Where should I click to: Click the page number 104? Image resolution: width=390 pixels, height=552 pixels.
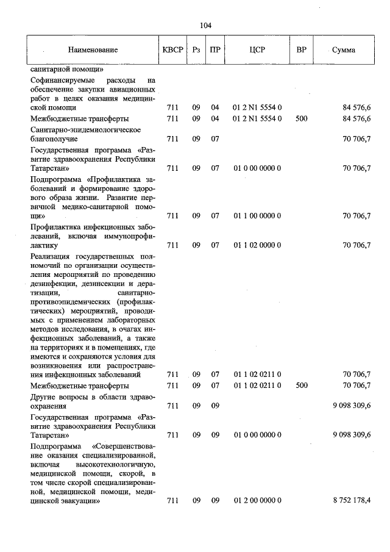pyautogui.click(x=205, y=25)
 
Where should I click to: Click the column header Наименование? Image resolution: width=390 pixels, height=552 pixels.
pyautogui.click(x=93, y=50)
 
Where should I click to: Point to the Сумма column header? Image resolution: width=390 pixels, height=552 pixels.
pyautogui.click(x=344, y=50)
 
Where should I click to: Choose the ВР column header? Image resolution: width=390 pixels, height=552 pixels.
pyautogui.click(x=301, y=50)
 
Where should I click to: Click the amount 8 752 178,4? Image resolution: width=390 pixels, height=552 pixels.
pyautogui.click(x=352, y=501)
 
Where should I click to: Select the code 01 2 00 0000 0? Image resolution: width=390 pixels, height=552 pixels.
pyautogui.click(x=257, y=501)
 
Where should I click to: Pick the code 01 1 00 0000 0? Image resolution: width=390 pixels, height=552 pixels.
pyautogui.click(x=257, y=216)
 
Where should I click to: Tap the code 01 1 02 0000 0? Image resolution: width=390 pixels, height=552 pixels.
pyautogui.click(x=257, y=245)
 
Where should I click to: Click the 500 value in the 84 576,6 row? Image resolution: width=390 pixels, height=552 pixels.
pyautogui.click(x=301, y=119)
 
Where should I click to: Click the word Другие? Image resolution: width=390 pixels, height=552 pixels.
pyautogui.click(x=43, y=396)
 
